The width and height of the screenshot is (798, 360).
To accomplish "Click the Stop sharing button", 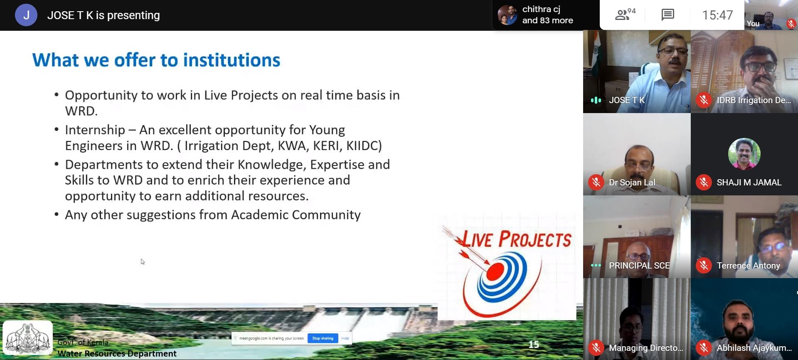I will [323, 338].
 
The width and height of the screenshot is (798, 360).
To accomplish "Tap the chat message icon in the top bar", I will [667, 15].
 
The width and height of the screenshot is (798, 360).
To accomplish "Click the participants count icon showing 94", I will [624, 15].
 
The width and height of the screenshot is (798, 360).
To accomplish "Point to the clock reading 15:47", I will [717, 15].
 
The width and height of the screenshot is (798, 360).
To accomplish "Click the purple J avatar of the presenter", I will [26, 15].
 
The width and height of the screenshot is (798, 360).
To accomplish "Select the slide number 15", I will [534, 345].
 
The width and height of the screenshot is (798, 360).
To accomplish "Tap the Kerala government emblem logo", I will [28, 338].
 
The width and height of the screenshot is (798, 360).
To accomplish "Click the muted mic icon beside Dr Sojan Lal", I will [596, 182].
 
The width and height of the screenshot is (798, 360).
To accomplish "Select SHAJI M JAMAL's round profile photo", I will [744, 154].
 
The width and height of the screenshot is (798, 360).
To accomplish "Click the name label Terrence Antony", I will [748, 266].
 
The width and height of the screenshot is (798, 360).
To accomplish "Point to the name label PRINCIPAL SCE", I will [639, 266].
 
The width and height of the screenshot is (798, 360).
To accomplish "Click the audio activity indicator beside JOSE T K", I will [596, 100].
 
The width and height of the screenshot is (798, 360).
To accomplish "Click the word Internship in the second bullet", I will [95, 130].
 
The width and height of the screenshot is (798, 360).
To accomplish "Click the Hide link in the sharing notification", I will [345, 338].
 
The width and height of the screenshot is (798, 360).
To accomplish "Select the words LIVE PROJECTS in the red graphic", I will [517, 239].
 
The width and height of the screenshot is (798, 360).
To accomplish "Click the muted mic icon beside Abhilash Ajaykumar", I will [704, 348].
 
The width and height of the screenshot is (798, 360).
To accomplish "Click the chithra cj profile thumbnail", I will [507, 15].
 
